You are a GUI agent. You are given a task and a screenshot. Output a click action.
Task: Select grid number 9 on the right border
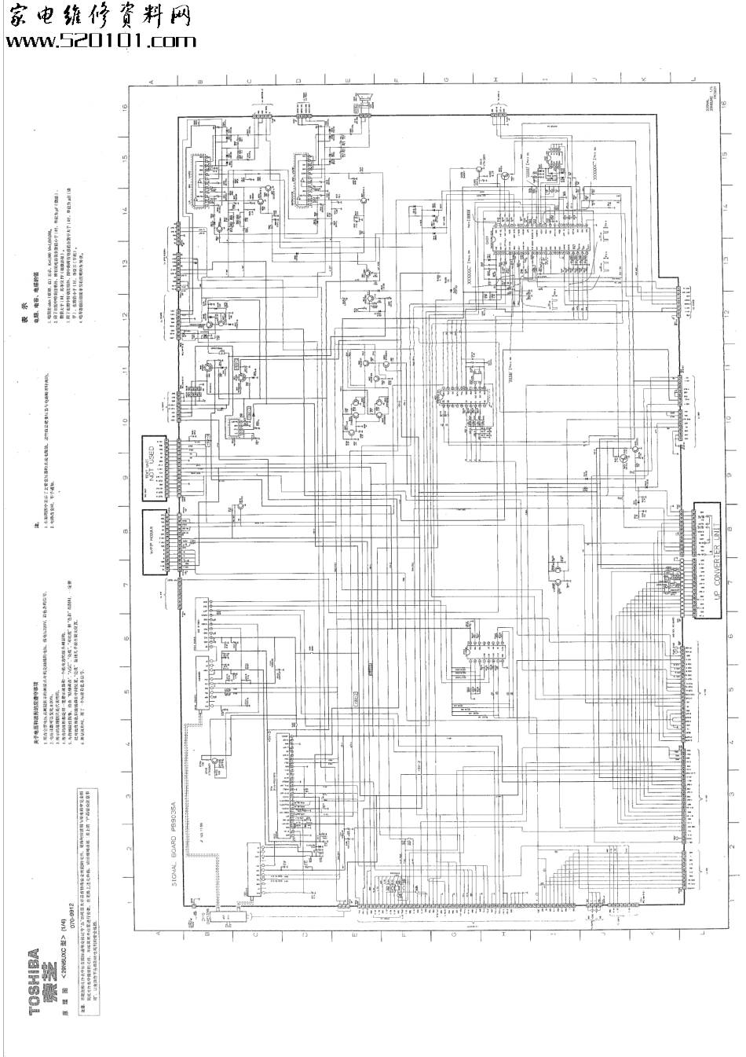[x=730, y=474]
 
